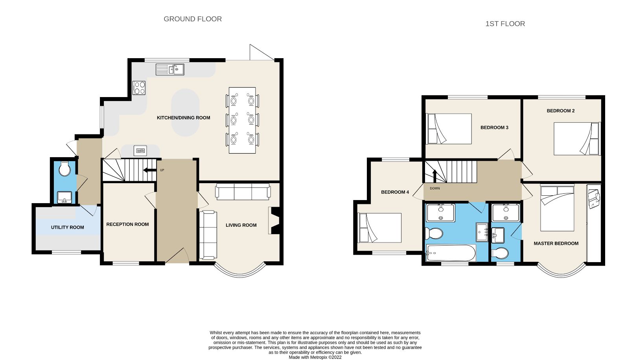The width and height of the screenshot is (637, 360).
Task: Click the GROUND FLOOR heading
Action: pos(193,19)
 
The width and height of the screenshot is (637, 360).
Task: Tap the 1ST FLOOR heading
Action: pos(505,24)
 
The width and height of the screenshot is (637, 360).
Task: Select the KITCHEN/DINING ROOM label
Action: pos(183,118)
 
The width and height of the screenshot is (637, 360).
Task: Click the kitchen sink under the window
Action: pos(170,70)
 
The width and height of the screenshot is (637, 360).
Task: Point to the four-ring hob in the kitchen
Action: pos(139,88)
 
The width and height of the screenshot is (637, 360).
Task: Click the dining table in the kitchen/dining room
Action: pos(242,120)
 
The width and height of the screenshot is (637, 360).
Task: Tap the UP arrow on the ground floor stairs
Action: pos(149,170)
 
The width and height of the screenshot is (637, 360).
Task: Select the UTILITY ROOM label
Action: pos(67,227)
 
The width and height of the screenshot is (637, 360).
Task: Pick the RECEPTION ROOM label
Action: pos(127,224)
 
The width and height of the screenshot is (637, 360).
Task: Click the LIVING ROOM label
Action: pos(241,225)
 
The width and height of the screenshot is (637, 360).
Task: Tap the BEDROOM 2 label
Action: pos(560,111)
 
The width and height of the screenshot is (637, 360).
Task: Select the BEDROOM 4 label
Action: pos(395,192)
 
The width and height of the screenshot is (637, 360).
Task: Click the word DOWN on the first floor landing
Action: pos(435,188)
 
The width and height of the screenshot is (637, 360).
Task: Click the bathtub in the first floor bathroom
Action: pos(451,253)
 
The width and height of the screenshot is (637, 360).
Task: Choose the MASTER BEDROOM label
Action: pos(556,244)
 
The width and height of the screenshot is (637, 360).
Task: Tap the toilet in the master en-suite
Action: pos(500,253)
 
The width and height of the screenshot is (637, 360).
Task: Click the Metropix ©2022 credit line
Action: pos(315,357)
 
